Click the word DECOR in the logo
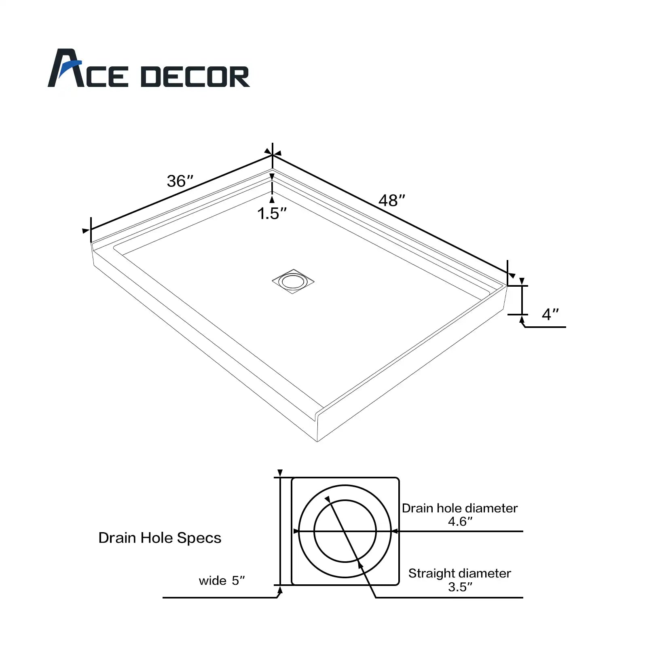point(195,77)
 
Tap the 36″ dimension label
point(180,181)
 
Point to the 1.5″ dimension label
point(272,214)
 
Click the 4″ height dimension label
point(550,314)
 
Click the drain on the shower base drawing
point(293,281)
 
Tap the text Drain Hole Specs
point(160,538)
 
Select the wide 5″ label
point(222,581)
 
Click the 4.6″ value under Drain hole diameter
point(460,522)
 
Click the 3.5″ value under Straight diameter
point(460,587)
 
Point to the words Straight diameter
point(459,573)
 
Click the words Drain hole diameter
point(459,508)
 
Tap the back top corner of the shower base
point(273,168)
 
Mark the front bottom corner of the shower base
point(317,441)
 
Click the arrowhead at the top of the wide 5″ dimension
point(280,474)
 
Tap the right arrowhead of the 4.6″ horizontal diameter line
point(395,531)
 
